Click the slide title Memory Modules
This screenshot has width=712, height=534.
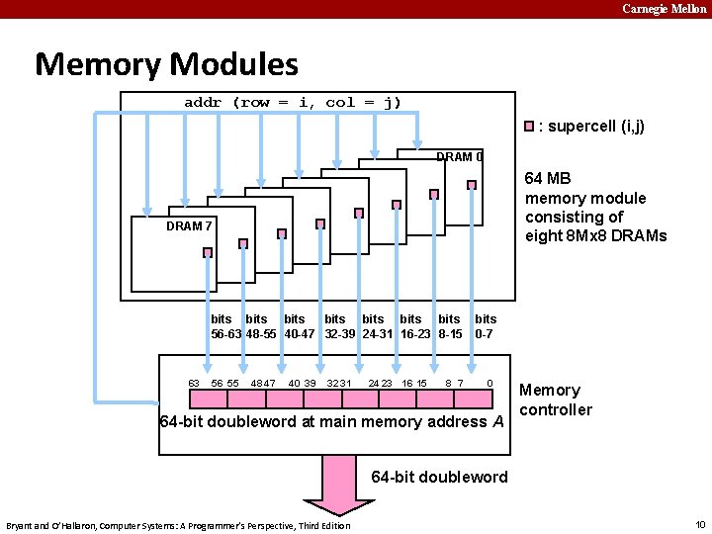pos(166,64)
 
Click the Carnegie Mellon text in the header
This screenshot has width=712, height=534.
pos(664,9)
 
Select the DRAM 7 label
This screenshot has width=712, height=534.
pos(189,225)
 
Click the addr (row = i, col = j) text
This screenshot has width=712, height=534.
pos(293,103)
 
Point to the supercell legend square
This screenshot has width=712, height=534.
pos(530,127)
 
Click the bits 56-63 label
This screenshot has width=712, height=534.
pos(224,326)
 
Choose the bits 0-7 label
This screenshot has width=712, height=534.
pos(485,326)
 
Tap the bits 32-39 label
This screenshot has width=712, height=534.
pos(338,326)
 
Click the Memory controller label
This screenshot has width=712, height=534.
pos(556,400)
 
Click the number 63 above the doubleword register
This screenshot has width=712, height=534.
pos(194,383)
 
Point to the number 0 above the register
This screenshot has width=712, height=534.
pos(489,383)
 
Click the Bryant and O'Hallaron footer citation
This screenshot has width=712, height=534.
pos(178,525)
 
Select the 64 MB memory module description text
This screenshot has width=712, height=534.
pos(595,207)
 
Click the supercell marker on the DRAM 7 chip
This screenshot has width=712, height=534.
pos(208,252)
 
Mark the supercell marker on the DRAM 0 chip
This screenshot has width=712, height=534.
pos(473,185)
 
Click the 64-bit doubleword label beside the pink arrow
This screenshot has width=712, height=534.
pos(439,477)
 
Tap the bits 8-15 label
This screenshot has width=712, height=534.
pos(450,326)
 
